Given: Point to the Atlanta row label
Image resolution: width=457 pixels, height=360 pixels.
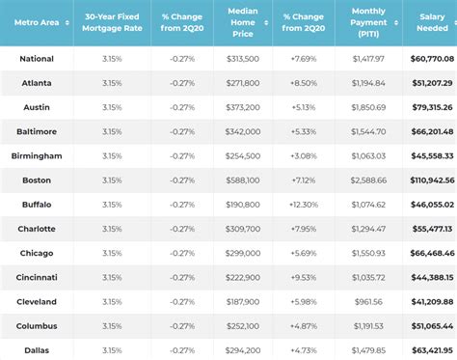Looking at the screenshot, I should [37, 83].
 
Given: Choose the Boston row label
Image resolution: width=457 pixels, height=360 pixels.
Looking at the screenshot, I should [37, 180].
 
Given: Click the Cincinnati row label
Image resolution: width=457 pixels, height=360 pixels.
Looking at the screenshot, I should [37, 277].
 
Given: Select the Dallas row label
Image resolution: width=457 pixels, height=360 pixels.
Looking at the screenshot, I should [37, 349].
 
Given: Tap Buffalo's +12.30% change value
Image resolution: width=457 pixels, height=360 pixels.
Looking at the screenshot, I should [302, 204].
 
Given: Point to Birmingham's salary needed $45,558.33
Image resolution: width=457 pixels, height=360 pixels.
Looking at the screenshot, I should [433, 155].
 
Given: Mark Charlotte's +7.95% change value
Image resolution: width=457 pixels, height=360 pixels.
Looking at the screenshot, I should [302, 229].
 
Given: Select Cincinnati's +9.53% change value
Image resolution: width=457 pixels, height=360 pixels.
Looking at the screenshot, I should [302, 277].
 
